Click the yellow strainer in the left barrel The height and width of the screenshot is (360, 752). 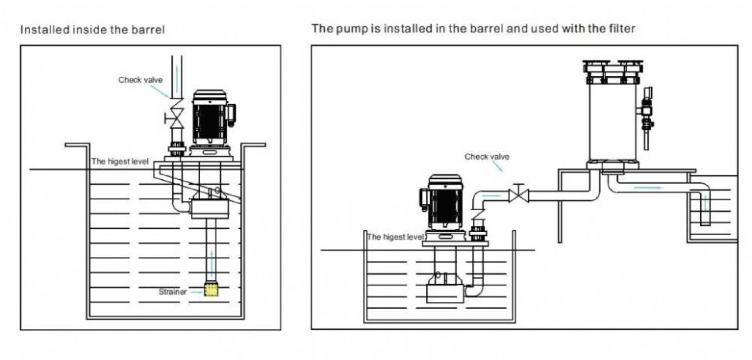pos(211,290)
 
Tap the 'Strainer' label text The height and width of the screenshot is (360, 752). pos(173,292)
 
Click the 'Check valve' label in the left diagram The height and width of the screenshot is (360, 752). pos(140,80)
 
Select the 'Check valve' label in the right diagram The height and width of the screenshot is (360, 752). pos(487,157)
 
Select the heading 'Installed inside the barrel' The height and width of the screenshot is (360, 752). pos(92,30)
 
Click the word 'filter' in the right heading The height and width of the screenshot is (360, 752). pos(622,28)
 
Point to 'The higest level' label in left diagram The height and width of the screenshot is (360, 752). pos(120,161)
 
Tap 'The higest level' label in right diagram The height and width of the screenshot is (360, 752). pos(395,237)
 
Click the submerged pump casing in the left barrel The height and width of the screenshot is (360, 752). pos(210,209)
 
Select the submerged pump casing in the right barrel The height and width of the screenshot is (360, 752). pos(445,293)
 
